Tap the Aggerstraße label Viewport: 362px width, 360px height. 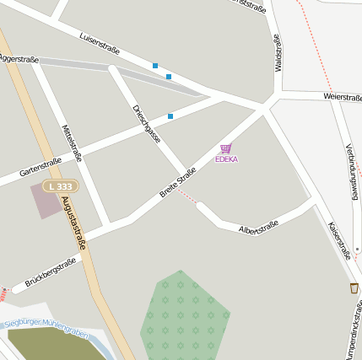click(x=19, y=59)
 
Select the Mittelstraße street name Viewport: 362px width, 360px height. click(x=73, y=142)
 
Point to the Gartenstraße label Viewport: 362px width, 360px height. click(x=41, y=166)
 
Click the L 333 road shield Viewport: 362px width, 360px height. click(x=61, y=185)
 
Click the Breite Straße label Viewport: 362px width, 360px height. click(x=178, y=182)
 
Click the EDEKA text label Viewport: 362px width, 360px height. click(x=226, y=159)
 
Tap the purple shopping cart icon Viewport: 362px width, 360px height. click(x=225, y=148)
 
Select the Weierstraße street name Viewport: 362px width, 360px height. click(x=342, y=97)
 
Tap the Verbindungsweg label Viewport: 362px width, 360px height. click(x=352, y=169)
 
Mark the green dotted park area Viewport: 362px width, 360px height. click(x=183, y=316)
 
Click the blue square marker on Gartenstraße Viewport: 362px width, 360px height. click(x=170, y=116)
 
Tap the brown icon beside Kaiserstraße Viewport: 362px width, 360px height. click(x=354, y=288)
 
